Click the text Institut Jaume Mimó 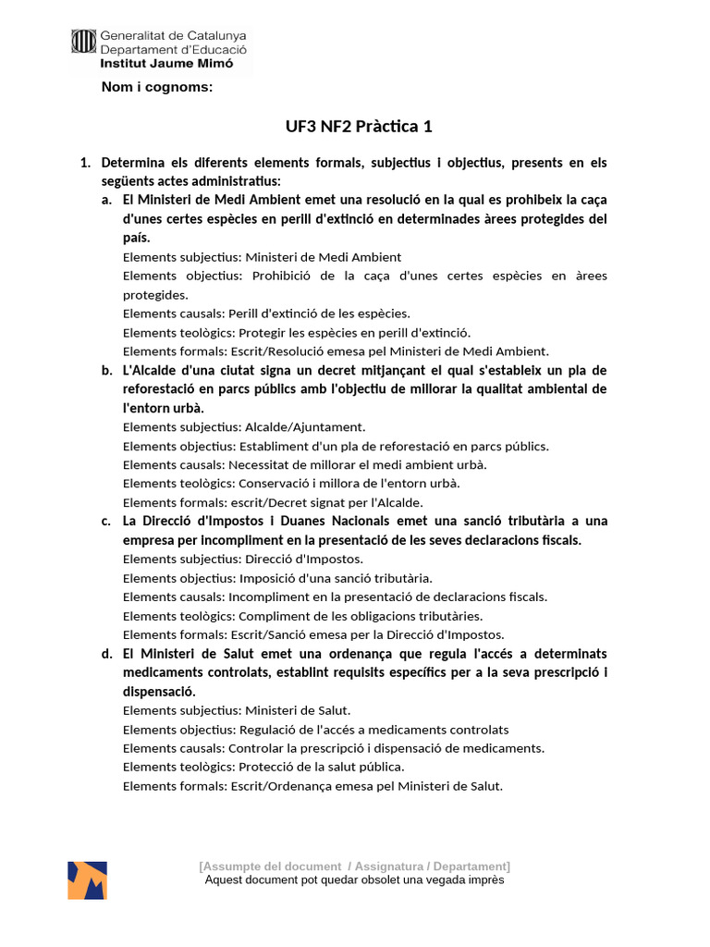pyautogui.click(x=166, y=64)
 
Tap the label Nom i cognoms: pyautogui.click(x=157, y=88)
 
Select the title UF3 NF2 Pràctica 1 pyautogui.click(x=354, y=127)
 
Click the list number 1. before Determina pyautogui.click(x=85, y=163)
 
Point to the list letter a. pyautogui.click(x=107, y=200)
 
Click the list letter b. pyautogui.click(x=107, y=370)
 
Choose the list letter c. pyautogui.click(x=107, y=521)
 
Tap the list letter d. pyautogui.click(x=107, y=653)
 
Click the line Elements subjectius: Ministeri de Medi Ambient pyautogui.click(x=262, y=257)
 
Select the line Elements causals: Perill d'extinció pyautogui.click(x=266, y=314)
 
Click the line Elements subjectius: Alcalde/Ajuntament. pyautogui.click(x=244, y=427)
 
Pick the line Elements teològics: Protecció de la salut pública pyautogui.click(x=263, y=767)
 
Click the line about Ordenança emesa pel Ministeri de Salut pyautogui.click(x=312, y=786)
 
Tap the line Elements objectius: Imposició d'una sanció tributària pyautogui.click(x=277, y=578)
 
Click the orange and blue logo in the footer pyautogui.click(x=87, y=880)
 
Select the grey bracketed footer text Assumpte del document pyautogui.click(x=354, y=866)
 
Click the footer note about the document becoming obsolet pyautogui.click(x=354, y=880)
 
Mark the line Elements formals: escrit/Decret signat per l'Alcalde pyautogui.click(x=273, y=502)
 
